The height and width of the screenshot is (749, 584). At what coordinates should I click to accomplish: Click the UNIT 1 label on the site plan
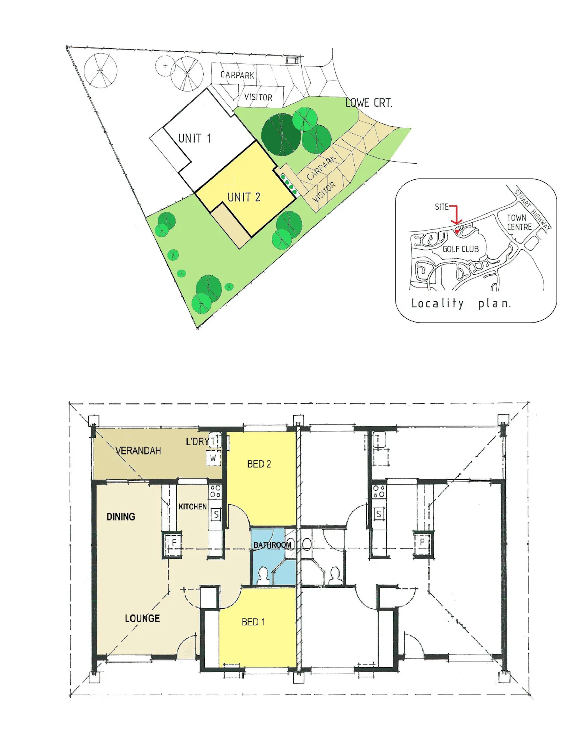tap(194, 138)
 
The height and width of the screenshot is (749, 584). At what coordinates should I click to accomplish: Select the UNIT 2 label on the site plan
tap(244, 197)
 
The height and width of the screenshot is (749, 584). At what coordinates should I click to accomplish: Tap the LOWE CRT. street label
tap(369, 103)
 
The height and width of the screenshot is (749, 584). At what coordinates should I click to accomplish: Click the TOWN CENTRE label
tap(519, 222)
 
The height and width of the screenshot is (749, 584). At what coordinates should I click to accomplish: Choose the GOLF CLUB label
tap(461, 249)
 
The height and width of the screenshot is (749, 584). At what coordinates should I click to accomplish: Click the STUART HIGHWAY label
tap(532, 209)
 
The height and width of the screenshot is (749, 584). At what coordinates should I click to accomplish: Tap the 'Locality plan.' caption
tap(461, 303)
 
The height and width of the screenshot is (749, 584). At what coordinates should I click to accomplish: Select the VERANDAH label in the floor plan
tap(138, 451)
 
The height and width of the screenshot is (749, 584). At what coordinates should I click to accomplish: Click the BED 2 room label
tap(259, 464)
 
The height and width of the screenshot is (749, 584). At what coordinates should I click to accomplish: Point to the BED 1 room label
tap(253, 622)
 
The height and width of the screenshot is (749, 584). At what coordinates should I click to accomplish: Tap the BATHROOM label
tap(273, 545)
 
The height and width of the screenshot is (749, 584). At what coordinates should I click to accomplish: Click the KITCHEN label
tap(192, 506)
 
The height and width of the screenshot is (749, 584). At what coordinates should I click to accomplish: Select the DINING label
tap(121, 517)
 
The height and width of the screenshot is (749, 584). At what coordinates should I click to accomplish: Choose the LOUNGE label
tap(142, 618)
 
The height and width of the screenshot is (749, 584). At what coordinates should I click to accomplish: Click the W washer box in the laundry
tap(213, 458)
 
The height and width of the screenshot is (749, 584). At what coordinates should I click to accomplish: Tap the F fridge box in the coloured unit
tap(174, 543)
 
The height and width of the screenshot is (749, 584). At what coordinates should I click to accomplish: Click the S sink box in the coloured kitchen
tap(216, 515)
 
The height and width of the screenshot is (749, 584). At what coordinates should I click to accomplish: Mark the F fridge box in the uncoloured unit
tap(422, 542)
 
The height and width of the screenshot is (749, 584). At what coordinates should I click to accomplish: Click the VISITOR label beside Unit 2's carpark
tap(324, 191)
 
